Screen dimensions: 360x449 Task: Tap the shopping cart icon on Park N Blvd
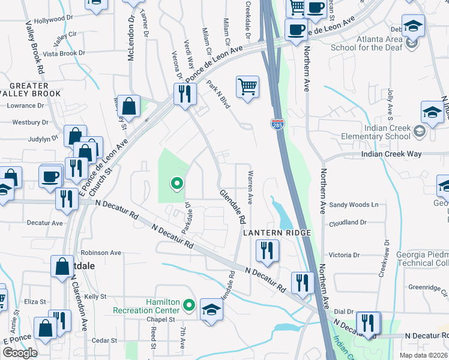click(247, 88)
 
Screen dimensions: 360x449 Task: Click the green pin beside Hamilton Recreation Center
click(189, 306)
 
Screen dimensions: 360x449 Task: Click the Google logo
click(20, 353)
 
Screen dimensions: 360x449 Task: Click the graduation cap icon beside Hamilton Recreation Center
click(211, 310)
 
